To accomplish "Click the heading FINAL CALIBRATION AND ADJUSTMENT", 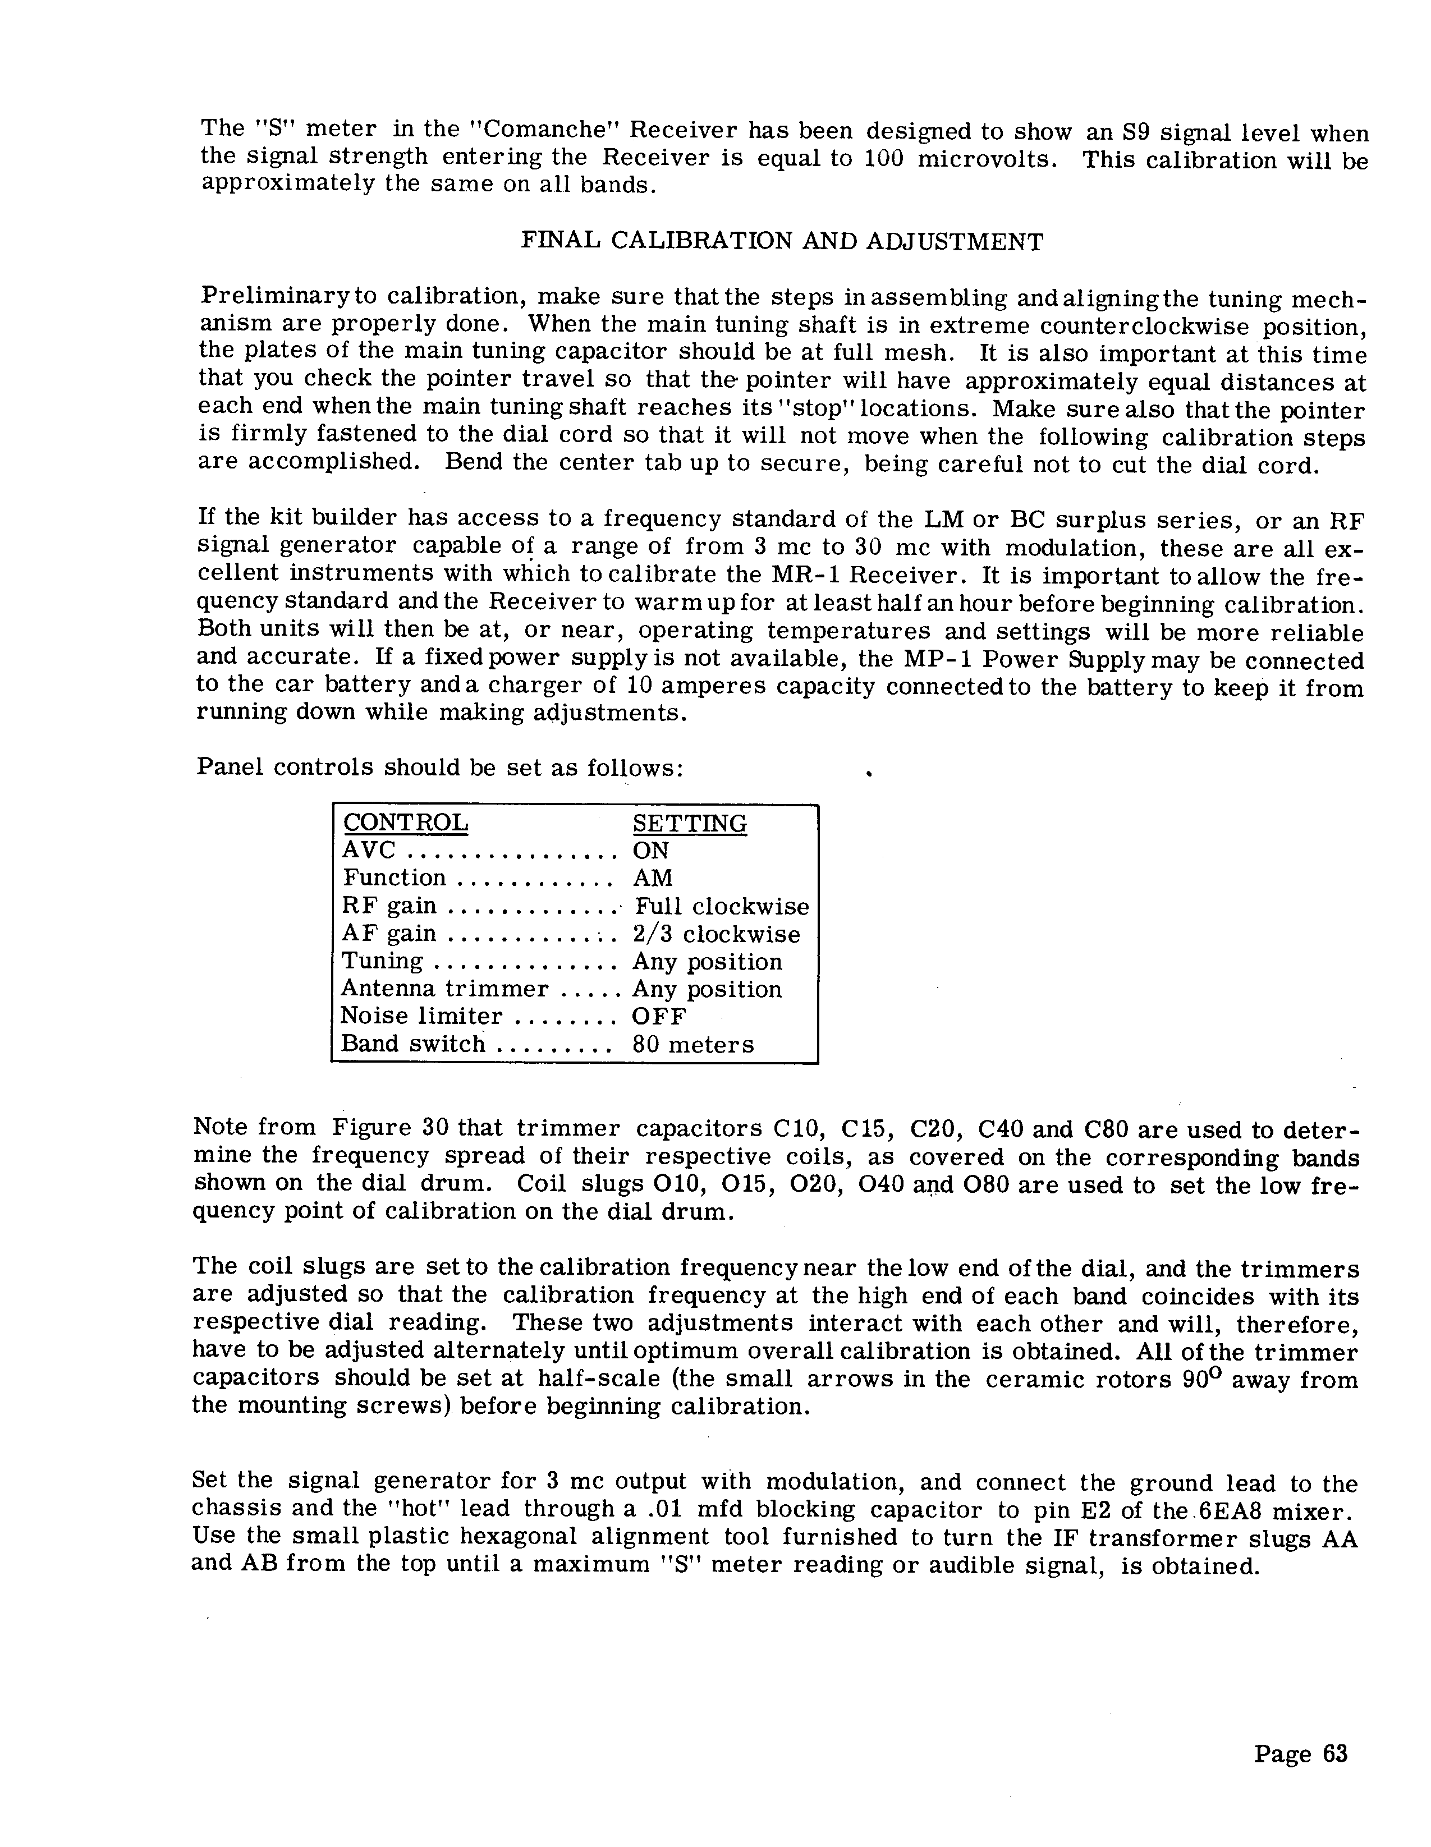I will tap(782, 242).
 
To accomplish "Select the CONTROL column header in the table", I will tap(405, 823).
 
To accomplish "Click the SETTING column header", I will tap(689, 823).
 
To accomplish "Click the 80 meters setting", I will tap(692, 1045).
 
